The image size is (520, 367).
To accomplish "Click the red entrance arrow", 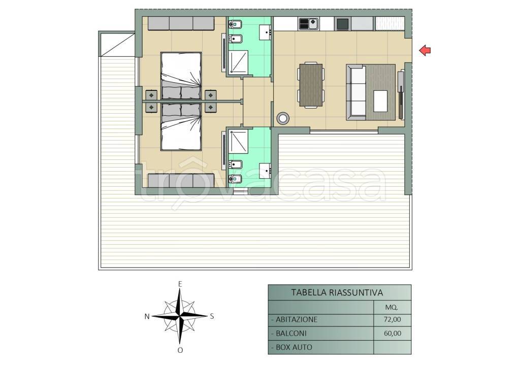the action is (425, 50).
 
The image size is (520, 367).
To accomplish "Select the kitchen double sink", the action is (309, 23).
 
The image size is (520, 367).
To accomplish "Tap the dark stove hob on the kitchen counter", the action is (342, 24).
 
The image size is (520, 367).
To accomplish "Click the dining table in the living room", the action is (311, 85).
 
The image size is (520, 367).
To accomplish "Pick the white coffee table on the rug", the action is (380, 101).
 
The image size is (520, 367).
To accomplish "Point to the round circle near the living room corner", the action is (283, 118).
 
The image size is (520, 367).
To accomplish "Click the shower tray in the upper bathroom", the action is (239, 61).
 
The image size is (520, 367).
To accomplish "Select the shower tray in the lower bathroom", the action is (239, 142).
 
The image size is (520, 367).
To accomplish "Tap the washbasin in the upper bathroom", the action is (265, 32).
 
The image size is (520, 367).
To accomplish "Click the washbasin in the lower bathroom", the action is (265, 171).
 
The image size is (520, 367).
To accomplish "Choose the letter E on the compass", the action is (180, 284).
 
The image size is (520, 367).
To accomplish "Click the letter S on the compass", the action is (212, 316).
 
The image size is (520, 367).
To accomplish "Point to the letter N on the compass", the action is (147, 317).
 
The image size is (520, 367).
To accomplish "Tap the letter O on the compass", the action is (180, 350).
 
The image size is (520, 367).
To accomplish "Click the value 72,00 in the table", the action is (393, 320).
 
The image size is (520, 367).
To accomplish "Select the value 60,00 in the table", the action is (393, 333).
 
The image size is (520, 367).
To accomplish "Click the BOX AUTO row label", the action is (292, 347).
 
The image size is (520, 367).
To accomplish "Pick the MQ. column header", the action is (392, 307).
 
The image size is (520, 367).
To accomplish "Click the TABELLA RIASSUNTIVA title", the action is (337, 293).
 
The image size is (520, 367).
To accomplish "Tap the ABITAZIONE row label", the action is (294, 320).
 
